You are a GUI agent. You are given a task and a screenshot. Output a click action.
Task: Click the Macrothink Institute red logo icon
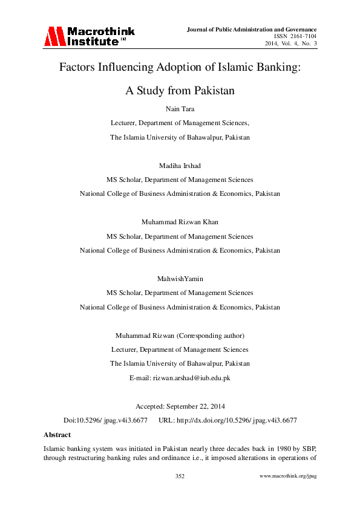pyautogui.click(x=53, y=37)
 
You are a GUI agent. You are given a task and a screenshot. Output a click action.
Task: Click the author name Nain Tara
pyautogui.click(x=180, y=108)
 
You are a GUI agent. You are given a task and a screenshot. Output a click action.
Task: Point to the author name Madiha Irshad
pyautogui.click(x=180, y=166)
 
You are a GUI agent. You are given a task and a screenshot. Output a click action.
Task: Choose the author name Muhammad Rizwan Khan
pyautogui.click(x=180, y=222)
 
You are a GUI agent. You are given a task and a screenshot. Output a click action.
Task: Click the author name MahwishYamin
pyautogui.click(x=180, y=279)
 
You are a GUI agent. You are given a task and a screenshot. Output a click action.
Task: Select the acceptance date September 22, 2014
pyautogui.click(x=200, y=406)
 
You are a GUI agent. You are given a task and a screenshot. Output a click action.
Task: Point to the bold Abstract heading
pyautogui.click(x=57, y=435)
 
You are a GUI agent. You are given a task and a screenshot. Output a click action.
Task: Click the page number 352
pyautogui.click(x=180, y=476)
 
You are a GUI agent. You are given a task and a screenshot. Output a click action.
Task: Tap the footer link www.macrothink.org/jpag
pyautogui.click(x=288, y=476)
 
